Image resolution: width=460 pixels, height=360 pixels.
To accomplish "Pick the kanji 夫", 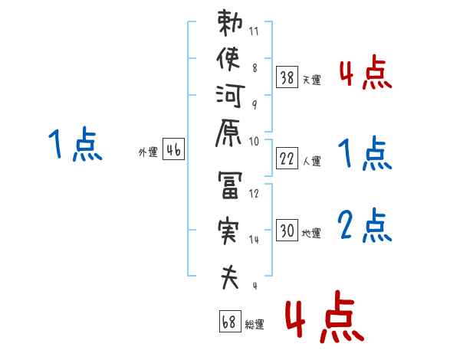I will (230, 276).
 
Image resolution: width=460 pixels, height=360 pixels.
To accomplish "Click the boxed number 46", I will (173, 150).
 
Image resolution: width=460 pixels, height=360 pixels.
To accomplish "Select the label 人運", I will (312, 161).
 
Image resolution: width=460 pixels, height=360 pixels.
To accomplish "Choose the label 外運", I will (148, 152).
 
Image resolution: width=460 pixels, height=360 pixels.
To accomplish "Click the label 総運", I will (255, 325).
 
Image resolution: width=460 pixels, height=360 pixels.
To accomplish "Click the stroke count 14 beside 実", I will (255, 240).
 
